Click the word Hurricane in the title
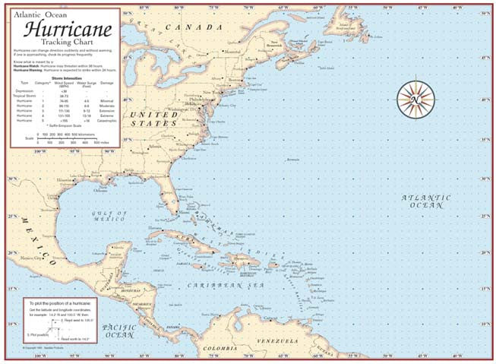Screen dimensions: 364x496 click(69, 30)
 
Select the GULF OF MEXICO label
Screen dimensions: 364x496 click(109, 217)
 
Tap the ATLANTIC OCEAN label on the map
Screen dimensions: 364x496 click(425, 201)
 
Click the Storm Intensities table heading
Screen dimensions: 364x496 click(63, 77)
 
